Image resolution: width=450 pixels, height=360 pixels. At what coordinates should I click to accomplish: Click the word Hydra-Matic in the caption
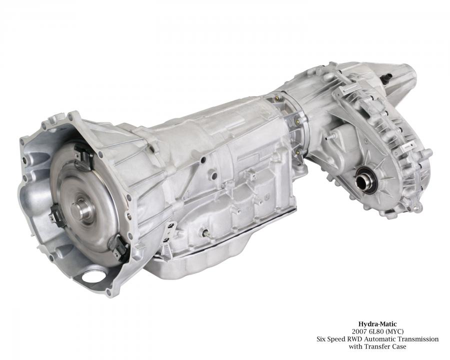coord(377,324)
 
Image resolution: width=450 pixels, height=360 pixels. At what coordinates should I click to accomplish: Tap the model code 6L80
coord(375,331)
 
